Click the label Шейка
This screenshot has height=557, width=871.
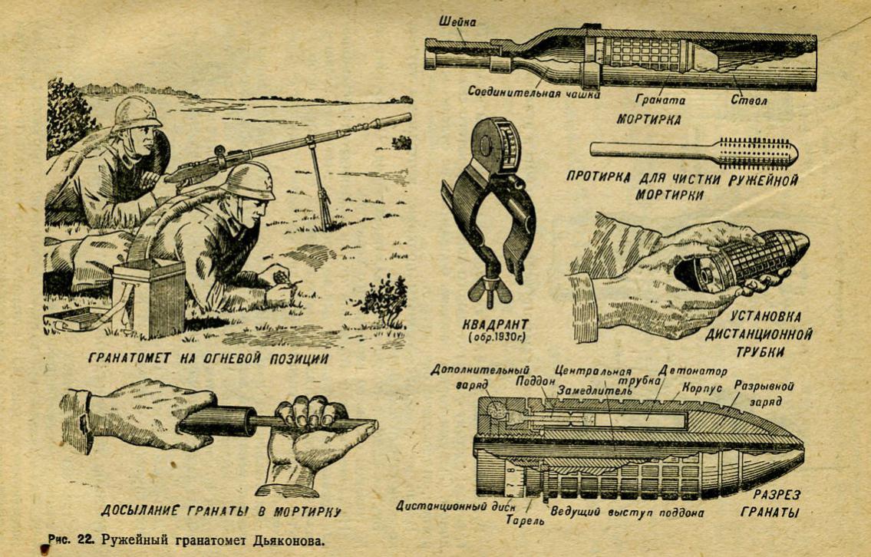(x=457, y=21)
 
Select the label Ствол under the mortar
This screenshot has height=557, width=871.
(x=749, y=101)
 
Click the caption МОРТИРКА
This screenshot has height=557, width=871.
(x=648, y=119)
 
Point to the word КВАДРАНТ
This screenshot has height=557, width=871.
(x=496, y=323)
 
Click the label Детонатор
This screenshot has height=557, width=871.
(x=692, y=371)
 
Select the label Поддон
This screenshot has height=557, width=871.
(x=536, y=381)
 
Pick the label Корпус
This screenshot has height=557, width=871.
(x=701, y=387)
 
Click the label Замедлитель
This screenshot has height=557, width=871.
(x=595, y=391)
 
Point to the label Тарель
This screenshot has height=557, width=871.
(x=524, y=520)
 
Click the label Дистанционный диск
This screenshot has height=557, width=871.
(x=456, y=506)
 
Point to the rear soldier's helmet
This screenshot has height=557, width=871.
(x=135, y=113)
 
